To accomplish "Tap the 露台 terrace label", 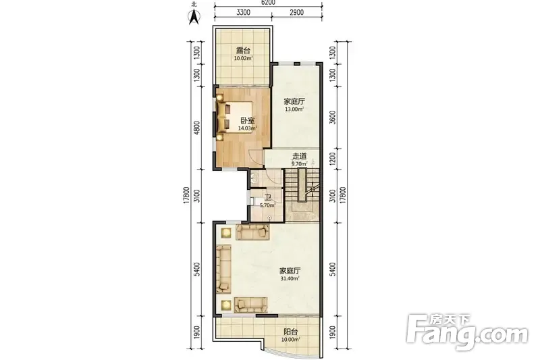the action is (243, 51).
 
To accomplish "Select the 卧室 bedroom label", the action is (248, 121).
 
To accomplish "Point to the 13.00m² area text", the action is (294, 109).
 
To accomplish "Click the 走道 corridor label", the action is (299, 157).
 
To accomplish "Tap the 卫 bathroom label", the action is (267, 198).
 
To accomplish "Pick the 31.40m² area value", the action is (290, 278).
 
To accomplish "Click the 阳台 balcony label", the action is (290, 332).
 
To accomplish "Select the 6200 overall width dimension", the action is (268, 3).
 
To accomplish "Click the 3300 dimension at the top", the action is (243, 12).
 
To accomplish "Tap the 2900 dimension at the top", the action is (296, 12).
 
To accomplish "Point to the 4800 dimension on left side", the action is (196, 128).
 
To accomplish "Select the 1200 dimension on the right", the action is (332, 159).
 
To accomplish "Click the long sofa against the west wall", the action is (224, 269).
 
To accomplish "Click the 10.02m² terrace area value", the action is (243, 59).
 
